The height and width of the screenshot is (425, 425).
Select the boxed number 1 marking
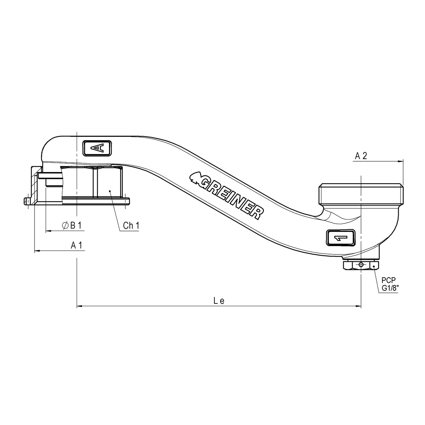click(x=341, y=238)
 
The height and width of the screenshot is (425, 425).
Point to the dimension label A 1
click(x=77, y=245)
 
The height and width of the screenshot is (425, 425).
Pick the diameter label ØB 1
click(x=72, y=225)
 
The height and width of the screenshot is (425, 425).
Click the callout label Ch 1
click(x=131, y=226)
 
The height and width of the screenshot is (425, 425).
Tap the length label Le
click(x=219, y=301)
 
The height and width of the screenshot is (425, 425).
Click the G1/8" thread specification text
click(x=390, y=288)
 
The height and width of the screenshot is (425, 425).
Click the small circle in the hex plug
click(x=361, y=265)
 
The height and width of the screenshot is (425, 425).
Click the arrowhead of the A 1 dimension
click(x=36, y=251)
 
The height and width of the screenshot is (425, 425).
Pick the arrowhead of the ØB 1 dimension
click(x=48, y=231)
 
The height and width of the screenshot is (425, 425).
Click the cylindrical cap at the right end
click(x=361, y=194)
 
